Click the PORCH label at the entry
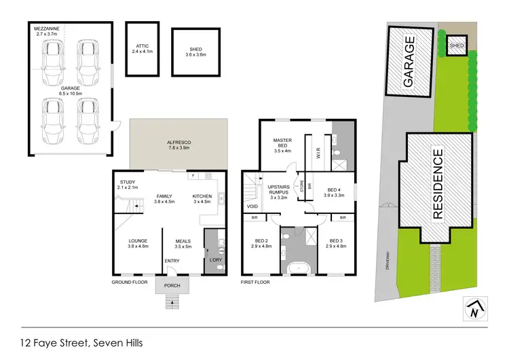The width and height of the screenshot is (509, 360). (172, 285)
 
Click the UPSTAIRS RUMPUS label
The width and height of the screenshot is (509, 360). (280, 192)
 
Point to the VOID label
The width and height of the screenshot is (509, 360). (252, 206)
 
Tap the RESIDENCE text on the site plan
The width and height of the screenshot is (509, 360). (437, 183)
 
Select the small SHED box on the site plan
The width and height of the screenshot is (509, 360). (457, 46)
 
